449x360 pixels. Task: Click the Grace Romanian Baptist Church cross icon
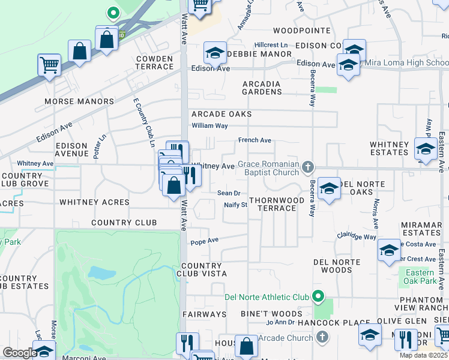coord(308,166)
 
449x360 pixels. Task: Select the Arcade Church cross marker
coord(323,338)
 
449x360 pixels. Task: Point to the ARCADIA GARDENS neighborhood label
coord(262,88)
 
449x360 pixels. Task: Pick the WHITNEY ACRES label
coord(94,202)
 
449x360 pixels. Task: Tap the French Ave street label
coord(255,140)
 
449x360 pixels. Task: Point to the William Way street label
coord(209,126)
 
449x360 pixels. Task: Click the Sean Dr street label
coord(229,193)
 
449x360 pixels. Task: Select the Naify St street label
coord(235,205)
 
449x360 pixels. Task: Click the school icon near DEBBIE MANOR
coord(215,53)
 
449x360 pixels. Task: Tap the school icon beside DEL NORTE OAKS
coord(329,189)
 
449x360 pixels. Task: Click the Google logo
coord(19,353)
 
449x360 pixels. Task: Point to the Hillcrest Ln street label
coord(271,45)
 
